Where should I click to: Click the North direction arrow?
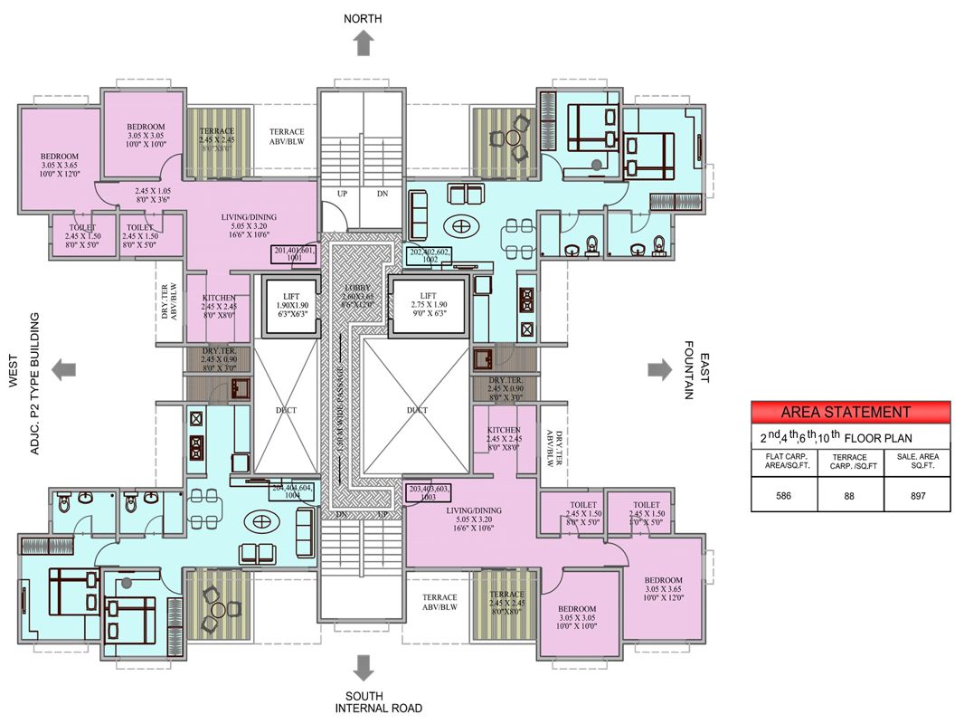(364, 43)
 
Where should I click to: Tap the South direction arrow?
(364, 668)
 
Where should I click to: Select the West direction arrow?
(63, 368)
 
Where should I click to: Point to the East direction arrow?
(659, 368)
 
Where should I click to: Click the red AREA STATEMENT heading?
(850, 412)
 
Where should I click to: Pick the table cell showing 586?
(784, 495)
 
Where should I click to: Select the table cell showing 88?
(850, 495)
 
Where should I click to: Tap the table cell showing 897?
(917, 495)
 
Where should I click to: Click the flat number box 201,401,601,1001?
(293, 254)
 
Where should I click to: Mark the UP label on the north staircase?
(342, 194)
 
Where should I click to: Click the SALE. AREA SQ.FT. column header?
(917, 462)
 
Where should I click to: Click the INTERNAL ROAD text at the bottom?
(378, 708)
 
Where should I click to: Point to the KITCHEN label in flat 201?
(219, 298)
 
